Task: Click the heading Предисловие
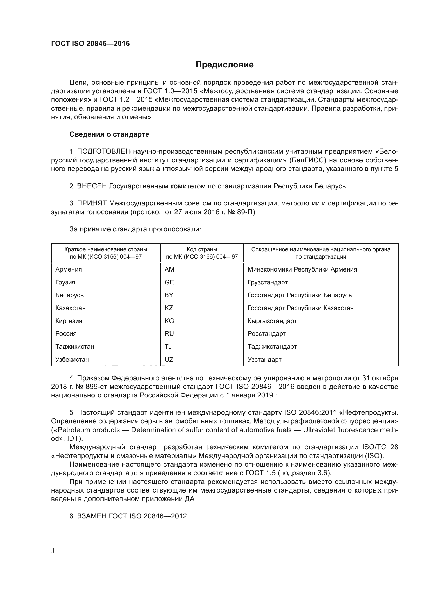[x=224, y=65]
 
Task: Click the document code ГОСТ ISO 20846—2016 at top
[x=90, y=44]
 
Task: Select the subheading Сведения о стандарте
[x=109, y=134]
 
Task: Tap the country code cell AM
[x=169, y=269]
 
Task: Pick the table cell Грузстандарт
[x=268, y=282]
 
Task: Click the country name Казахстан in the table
[x=70, y=308]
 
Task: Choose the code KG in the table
[x=169, y=321]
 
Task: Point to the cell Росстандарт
[x=267, y=334]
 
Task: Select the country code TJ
[x=168, y=347]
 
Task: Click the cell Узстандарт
[x=264, y=360]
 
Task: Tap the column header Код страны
[x=202, y=249]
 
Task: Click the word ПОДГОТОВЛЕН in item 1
[x=104, y=152]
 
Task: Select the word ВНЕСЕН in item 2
[x=92, y=186]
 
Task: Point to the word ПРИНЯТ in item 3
[x=92, y=203]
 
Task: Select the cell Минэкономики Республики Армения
[x=302, y=269]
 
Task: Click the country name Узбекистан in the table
[x=72, y=360]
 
